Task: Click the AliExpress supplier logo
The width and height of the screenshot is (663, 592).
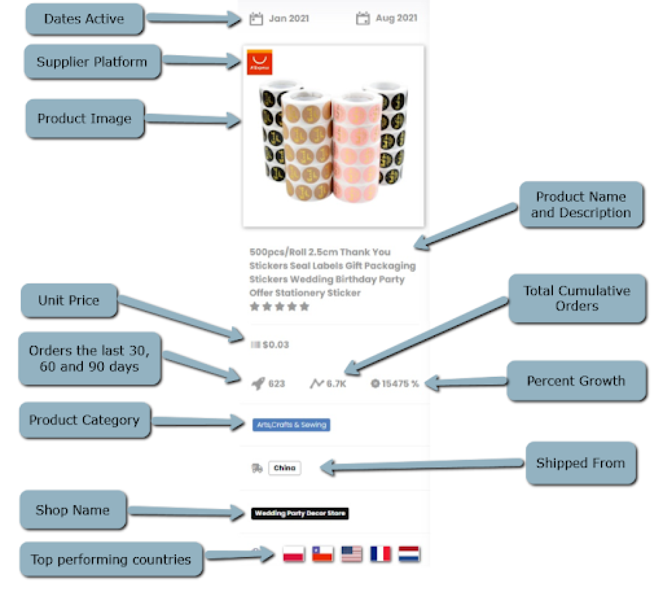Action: click(x=260, y=62)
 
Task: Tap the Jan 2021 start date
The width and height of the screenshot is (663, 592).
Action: click(x=288, y=18)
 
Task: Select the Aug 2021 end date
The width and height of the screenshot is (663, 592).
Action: click(x=396, y=18)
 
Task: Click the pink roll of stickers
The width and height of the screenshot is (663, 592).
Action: click(x=356, y=147)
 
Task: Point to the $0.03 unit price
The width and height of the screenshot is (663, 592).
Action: click(x=275, y=345)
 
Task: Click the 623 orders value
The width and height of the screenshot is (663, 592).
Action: click(x=276, y=384)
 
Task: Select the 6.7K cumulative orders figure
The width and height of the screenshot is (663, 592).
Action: click(x=336, y=384)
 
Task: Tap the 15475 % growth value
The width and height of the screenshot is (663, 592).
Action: click(x=400, y=384)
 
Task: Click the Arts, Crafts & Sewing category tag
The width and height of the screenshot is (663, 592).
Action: click(x=291, y=425)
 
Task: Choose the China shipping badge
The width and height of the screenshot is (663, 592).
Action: click(x=285, y=468)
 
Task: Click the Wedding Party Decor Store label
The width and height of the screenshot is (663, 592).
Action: click(x=300, y=513)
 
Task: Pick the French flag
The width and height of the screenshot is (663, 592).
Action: click(x=380, y=554)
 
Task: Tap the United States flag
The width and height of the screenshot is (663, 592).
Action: click(x=351, y=554)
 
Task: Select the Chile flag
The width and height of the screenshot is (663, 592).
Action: click(x=322, y=554)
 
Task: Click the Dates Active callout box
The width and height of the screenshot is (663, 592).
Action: click(x=84, y=19)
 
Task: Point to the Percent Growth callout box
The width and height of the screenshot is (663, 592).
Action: click(x=576, y=381)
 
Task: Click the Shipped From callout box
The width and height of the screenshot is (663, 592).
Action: click(x=581, y=463)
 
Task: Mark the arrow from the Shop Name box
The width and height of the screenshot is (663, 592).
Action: click(x=186, y=511)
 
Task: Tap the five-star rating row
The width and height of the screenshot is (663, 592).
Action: click(x=279, y=307)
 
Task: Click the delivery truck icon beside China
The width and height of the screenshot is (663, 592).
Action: click(x=257, y=469)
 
